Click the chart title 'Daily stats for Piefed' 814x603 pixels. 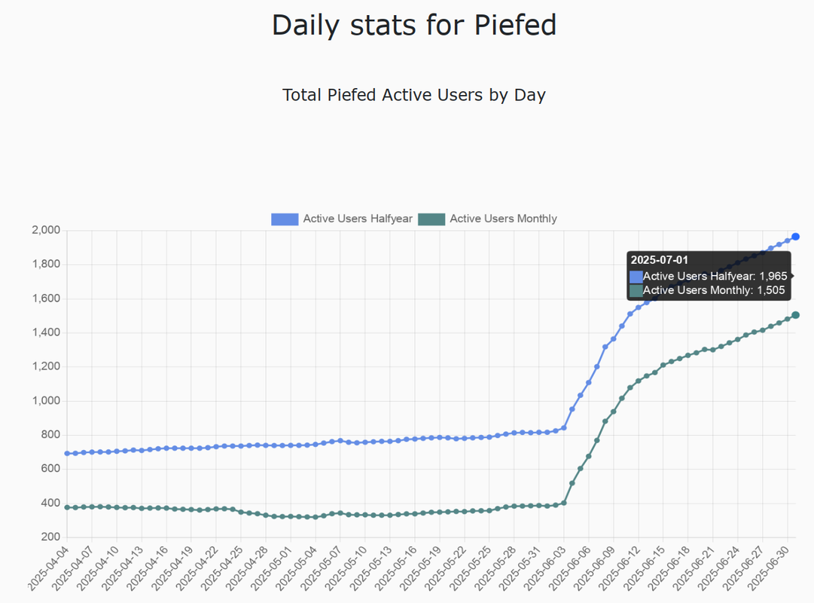[x=414, y=26]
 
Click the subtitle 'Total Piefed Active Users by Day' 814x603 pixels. [x=414, y=95]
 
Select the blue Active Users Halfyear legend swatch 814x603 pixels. [x=285, y=219]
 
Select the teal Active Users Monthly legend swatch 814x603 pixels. [x=431, y=219]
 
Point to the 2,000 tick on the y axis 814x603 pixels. [x=45, y=230]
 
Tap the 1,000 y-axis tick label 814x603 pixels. [x=45, y=401]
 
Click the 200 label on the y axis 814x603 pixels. [x=50, y=537]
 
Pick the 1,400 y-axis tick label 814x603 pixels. [x=45, y=332]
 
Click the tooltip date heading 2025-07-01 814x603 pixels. [x=660, y=260]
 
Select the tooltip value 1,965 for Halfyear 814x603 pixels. [x=773, y=277]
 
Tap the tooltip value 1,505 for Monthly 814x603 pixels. [x=770, y=290]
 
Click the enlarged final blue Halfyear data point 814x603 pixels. [x=795, y=237]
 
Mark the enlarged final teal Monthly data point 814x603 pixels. [x=795, y=315]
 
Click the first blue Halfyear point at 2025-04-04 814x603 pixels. [x=67, y=454]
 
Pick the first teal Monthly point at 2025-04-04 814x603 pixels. [x=67, y=507]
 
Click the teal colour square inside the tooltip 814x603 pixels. [x=636, y=290]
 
